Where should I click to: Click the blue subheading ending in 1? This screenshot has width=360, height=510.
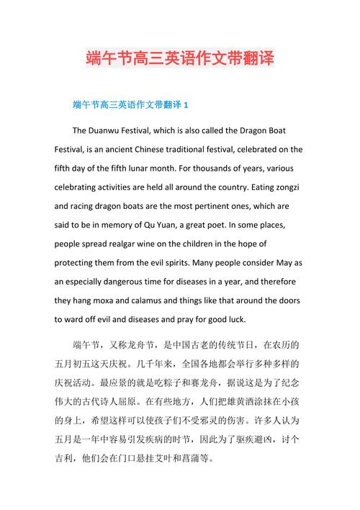pos(131,105)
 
